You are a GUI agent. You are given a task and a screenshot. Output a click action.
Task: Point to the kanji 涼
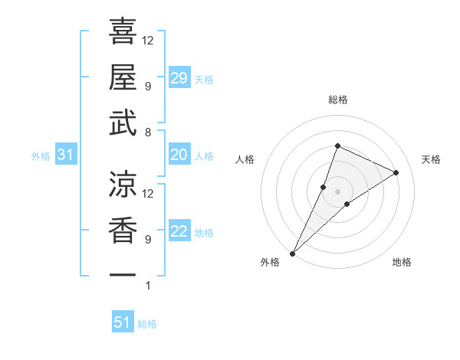coord(123,184)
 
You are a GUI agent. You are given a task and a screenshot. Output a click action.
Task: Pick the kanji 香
coord(123,230)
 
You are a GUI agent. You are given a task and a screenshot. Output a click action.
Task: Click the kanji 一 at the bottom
coord(123,274)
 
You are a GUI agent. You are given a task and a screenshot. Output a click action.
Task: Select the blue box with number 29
coord(179,78)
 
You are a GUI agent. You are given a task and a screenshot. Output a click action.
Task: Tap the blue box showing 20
coord(179,155)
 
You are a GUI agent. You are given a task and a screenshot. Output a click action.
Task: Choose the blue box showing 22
coord(179,231)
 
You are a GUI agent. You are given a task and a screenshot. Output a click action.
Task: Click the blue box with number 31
coord(66,155)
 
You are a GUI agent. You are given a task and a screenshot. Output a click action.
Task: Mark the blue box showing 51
coord(123,322)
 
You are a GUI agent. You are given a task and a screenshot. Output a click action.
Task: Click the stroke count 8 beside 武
coord(148,133)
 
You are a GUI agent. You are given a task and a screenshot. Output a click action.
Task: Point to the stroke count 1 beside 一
coord(148,286)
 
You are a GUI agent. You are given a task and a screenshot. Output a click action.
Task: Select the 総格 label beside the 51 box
coord(147,324)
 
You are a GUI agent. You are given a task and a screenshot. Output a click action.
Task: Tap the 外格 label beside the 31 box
coord(41,156)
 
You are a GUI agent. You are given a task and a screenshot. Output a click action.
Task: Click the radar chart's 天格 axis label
coord(431,159)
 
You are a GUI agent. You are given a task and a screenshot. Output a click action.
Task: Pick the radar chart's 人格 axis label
coord(245,159)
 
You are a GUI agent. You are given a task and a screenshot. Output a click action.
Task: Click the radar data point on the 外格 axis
coord(292,253)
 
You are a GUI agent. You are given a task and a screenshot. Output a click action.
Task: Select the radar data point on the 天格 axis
coord(396,172)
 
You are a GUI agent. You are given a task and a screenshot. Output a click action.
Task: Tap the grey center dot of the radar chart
coord(337,191)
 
